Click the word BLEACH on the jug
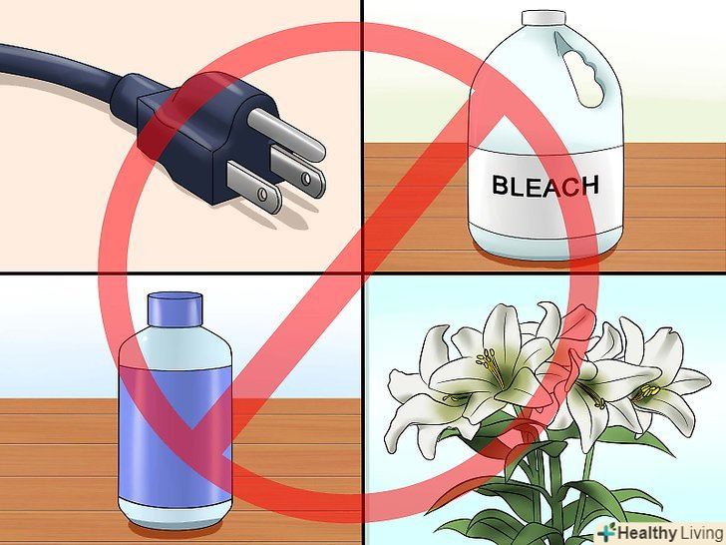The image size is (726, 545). (x=544, y=186)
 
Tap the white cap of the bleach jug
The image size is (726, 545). (x=544, y=18)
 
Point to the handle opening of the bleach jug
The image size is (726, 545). (x=580, y=70)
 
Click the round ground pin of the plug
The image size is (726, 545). (x=286, y=136)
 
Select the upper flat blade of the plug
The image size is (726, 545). (x=298, y=172)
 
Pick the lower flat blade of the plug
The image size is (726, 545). (x=254, y=188)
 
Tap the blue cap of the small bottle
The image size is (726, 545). (x=176, y=309)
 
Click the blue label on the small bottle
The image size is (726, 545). (x=176, y=432)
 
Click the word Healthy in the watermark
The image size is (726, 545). (x=647, y=532)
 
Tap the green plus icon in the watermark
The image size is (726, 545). (x=606, y=532)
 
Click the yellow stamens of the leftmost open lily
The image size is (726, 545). (x=491, y=366)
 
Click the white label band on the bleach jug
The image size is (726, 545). (x=545, y=186)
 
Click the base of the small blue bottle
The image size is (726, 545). (x=176, y=514)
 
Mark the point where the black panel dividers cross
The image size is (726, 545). (x=363, y=273)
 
